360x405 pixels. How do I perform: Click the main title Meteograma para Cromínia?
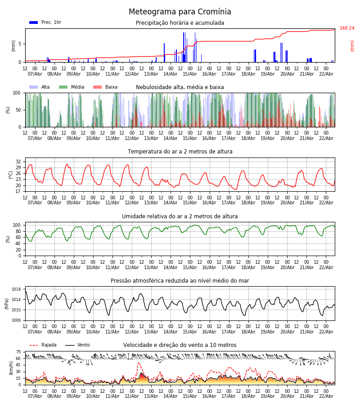180,12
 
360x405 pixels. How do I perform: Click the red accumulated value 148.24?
346,28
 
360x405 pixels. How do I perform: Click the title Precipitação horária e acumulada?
180,23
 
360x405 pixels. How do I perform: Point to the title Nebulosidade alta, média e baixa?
180,87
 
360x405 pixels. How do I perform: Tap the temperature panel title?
180,152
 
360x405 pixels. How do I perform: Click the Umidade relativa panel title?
180,216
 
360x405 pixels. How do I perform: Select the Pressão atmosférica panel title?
180,281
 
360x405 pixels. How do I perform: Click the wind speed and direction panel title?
180,345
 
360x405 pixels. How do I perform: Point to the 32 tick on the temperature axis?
18,162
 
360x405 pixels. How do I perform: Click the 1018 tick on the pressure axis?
16,289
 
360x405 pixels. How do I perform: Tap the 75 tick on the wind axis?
18,352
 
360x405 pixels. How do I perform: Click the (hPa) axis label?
7,303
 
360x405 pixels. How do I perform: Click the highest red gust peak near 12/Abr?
139,363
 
